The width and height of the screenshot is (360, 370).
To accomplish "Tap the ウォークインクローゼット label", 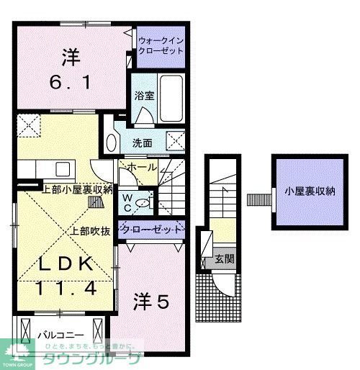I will click(x=161, y=47).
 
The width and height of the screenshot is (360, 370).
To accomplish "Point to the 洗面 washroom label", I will click(x=142, y=143).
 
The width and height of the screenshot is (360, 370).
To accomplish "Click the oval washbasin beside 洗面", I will click(x=110, y=142).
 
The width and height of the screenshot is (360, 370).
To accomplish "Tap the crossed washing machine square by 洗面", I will click(x=175, y=140).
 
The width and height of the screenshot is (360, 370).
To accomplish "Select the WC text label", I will click(x=127, y=202).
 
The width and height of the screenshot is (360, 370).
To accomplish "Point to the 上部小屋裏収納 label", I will click(x=78, y=190).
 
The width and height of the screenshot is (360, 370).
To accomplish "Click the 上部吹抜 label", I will click(x=90, y=232).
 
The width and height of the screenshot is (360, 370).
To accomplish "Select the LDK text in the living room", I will click(x=67, y=264).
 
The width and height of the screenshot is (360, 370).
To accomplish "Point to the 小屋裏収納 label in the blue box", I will click(x=310, y=191).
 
